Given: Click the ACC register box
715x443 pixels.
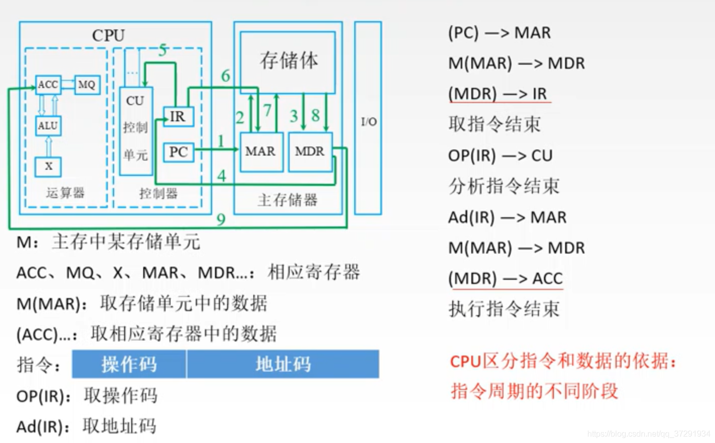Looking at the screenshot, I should [x=48, y=85].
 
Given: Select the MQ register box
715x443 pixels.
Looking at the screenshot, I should [x=87, y=85].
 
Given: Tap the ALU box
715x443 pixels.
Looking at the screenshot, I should [x=48, y=125].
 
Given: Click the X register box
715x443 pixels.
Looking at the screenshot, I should [x=48, y=166].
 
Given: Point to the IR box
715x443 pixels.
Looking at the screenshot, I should [x=178, y=117].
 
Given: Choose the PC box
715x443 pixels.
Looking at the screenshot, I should [x=178, y=152].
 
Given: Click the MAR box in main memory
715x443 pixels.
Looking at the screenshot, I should [x=260, y=152].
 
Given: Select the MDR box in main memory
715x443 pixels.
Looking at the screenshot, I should [x=310, y=152].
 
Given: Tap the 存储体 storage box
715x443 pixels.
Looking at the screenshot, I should [x=288, y=61].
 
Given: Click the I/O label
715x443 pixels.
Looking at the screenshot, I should [x=368, y=121].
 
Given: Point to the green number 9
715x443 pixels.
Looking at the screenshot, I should [x=221, y=219].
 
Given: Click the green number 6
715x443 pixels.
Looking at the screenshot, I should [x=226, y=76].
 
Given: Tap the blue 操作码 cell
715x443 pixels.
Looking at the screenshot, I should [x=129, y=364].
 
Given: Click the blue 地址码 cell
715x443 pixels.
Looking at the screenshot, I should [x=283, y=364].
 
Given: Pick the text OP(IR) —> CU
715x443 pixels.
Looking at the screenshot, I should [x=500, y=155].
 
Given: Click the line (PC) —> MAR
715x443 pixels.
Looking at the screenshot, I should [x=499, y=33].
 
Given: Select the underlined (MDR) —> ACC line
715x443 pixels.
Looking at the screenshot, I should [x=505, y=278].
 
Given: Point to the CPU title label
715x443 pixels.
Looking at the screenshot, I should [x=108, y=35].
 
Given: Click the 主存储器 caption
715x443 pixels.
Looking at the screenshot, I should [x=287, y=200].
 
